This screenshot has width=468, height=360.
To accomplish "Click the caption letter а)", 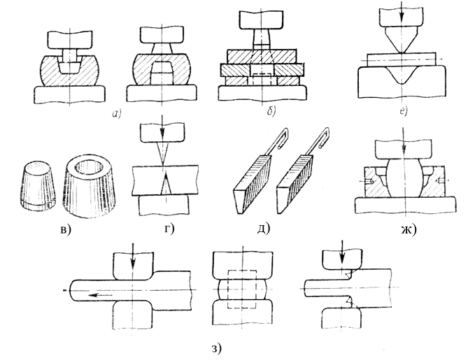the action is click(x=117, y=114).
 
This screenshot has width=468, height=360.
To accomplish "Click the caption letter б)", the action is click(x=271, y=112).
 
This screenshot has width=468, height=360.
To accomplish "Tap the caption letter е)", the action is click(x=404, y=111).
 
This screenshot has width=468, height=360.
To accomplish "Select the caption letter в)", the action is click(x=66, y=229).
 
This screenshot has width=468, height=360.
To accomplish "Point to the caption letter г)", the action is click(x=169, y=229).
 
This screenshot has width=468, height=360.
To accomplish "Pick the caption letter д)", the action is click(x=264, y=228).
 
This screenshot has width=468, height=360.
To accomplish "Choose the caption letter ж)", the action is click(x=409, y=229).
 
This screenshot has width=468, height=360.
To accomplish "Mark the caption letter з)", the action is click(x=217, y=348).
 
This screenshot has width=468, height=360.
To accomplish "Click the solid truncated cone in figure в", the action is click(x=38, y=184).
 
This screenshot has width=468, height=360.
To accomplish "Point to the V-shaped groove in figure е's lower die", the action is click(x=402, y=75).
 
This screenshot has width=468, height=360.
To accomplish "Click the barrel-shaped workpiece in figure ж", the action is click(x=404, y=178).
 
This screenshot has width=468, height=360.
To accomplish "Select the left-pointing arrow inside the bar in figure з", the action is click(x=100, y=295).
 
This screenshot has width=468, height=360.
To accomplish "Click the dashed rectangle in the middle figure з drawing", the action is click(x=242, y=289).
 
